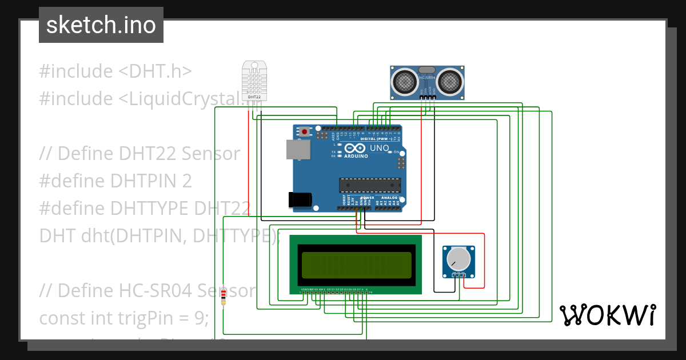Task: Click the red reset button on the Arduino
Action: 304,131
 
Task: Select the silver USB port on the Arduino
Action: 298,150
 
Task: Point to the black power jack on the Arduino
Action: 300,199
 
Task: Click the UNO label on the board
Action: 380,148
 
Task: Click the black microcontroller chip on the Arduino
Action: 368,185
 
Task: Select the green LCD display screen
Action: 355,265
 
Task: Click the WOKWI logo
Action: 607,315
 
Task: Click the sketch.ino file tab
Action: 101,25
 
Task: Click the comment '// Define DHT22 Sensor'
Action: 140,153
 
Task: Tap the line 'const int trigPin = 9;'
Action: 124,318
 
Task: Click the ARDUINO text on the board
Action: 356,155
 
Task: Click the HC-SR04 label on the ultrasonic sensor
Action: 427,77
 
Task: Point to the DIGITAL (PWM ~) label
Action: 376,139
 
